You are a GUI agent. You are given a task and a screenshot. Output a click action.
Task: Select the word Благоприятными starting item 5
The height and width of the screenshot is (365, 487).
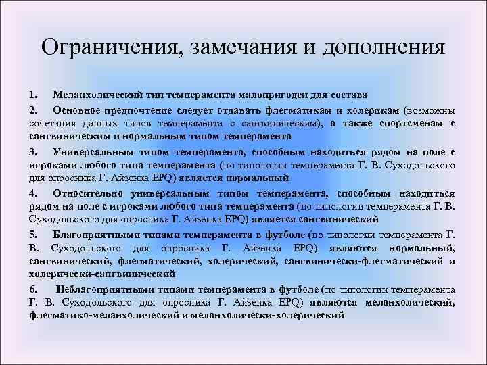(x=97, y=234)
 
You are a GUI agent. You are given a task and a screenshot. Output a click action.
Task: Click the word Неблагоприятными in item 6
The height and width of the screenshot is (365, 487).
(x=103, y=289)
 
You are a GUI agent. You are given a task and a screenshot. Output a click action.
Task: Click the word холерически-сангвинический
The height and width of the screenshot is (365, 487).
(x=102, y=274)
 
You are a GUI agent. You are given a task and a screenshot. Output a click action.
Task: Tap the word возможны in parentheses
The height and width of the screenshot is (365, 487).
(x=429, y=109)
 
